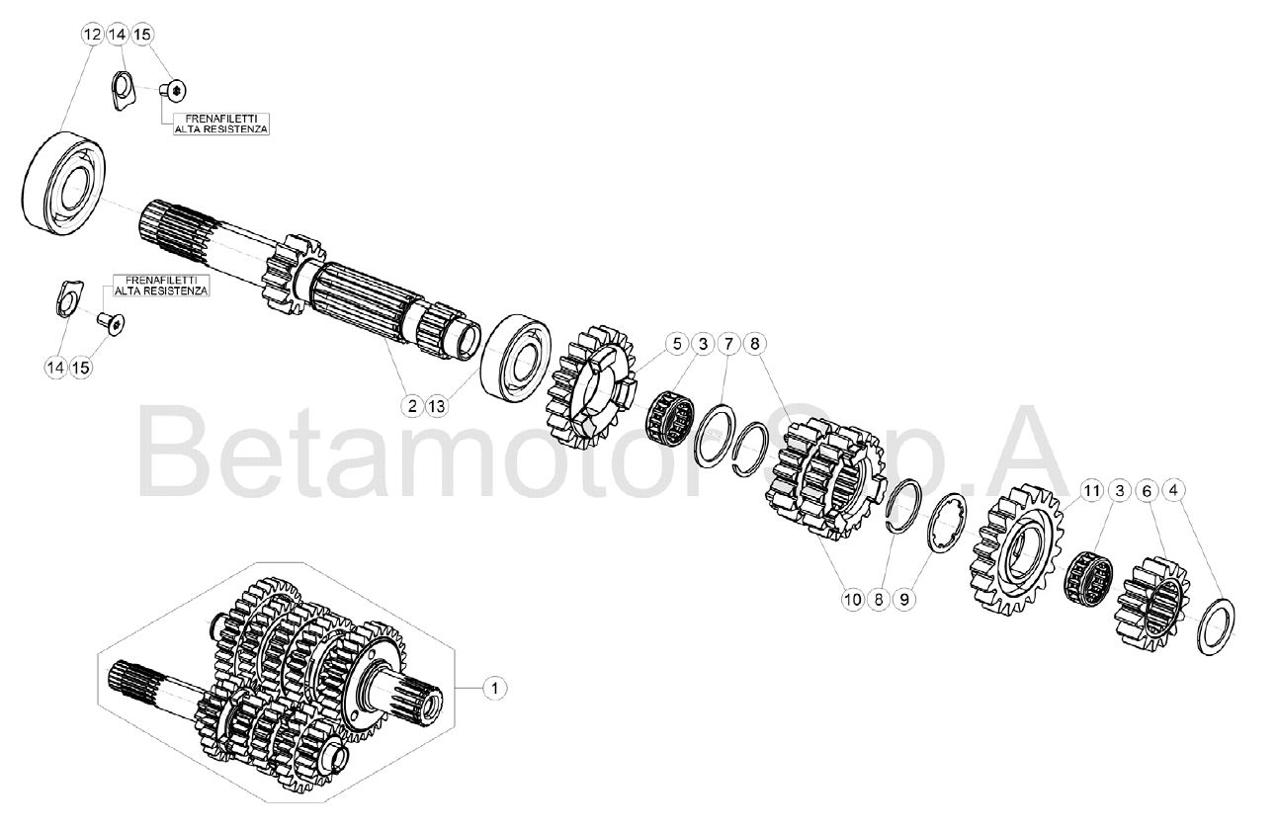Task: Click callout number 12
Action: coord(92,35)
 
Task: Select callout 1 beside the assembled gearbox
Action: coord(494,688)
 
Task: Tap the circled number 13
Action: coord(437,406)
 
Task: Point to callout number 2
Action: coord(412,406)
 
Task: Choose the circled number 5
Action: coord(677,344)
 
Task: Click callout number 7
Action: coord(728,344)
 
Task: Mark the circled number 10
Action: coord(853,600)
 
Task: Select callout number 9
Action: coord(904,600)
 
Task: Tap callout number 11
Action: coord(1092,490)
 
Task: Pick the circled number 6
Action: coord(1147,490)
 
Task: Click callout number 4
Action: coord(1173,490)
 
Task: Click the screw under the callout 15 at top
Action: coord(173,90)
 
